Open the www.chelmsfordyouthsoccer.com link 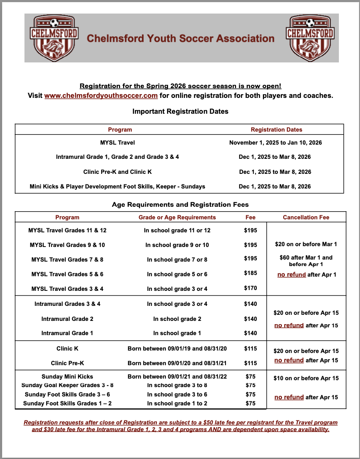click(x=101, y=96)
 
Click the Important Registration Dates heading click(x=180, y=111)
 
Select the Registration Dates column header click(x=276, y=130)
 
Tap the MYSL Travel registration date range click(x=275, y=143)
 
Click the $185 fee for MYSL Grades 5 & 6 click(x=250, y=273)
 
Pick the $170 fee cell click(x=250, y=288)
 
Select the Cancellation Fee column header click(x=306, y=217)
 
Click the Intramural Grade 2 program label click(x=67, y=319)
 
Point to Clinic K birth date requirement click(x=177, y=349)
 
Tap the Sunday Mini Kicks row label click(x=67, y=377)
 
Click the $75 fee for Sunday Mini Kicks click(x=250, y=377)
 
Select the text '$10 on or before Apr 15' click(x=306, y=378)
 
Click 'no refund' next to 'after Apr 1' click(x=291, y=275)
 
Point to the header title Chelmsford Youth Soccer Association click(x=181, y=39)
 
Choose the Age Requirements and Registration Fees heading click(x=180, y=205)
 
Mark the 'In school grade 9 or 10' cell click(x=177, y=245)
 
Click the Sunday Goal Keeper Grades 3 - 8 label click(x=67, y=385)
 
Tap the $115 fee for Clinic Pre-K click(x=250, y=363)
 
